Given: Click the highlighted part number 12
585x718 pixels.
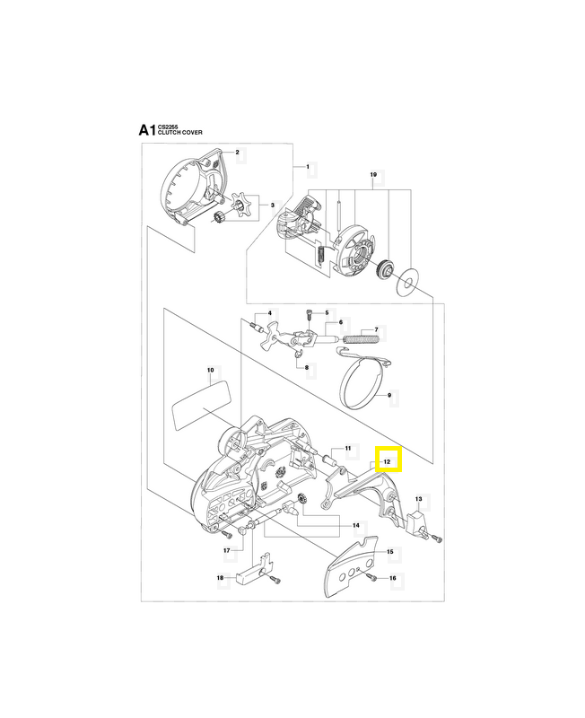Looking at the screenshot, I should [389, 460].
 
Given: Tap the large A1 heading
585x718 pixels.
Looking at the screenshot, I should [146, 131].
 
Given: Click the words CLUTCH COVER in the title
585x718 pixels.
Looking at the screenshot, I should [180, 133].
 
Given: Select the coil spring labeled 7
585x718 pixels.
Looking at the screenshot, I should [359, 339].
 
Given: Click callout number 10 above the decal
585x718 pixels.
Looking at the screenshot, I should [210, 369].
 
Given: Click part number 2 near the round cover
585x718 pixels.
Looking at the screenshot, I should [237, 153].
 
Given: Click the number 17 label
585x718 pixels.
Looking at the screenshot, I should [227, 549].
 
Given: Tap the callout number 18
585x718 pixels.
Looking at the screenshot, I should [220, 578].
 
